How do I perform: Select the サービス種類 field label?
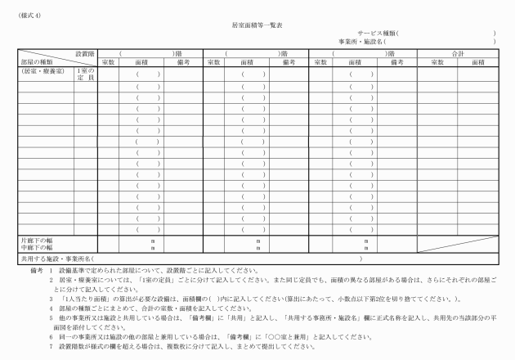click(376, 34)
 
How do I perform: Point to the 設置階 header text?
click(85, 53)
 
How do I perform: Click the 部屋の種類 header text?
click(37, 61)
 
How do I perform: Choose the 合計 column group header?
click(457, 53)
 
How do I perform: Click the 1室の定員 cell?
click(85, 74)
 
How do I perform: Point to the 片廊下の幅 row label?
click(38, 240)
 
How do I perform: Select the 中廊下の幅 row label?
click(38, 247)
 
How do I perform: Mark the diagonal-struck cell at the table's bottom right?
click(457, 243)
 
